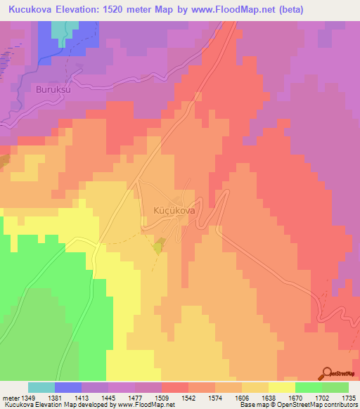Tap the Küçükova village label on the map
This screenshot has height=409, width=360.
point(174,209)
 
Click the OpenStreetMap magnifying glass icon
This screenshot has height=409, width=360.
point(327,374)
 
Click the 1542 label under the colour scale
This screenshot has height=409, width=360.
point(188,397)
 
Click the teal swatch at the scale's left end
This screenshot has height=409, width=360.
point(41,387)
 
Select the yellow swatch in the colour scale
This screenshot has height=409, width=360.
point(281,387)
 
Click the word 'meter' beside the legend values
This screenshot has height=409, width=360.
point(11,397)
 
